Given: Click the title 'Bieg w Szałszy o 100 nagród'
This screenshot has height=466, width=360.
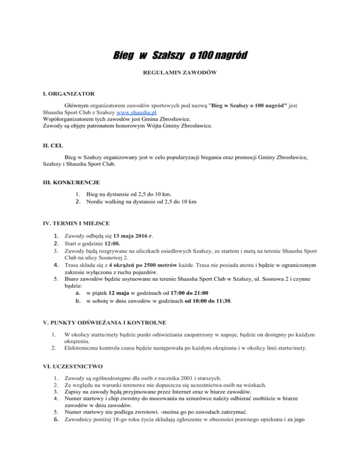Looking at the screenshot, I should click(x=180, y=57).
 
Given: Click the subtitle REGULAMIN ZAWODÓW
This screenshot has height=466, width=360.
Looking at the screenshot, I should click(x=180, y=74).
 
